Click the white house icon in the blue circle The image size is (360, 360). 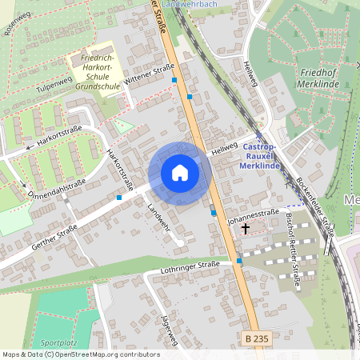[x=179, y=173]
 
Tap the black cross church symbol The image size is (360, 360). [x=245, y=228]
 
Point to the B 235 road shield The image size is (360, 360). [x=256, y=340]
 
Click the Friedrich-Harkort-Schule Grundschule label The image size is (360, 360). [x=94, y=70]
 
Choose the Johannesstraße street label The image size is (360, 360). [x=252, y=215]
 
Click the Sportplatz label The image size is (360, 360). [x=58, y=342]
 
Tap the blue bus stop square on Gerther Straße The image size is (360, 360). [x=119, y=197]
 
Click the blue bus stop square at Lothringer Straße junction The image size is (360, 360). [x=239, y=261]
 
